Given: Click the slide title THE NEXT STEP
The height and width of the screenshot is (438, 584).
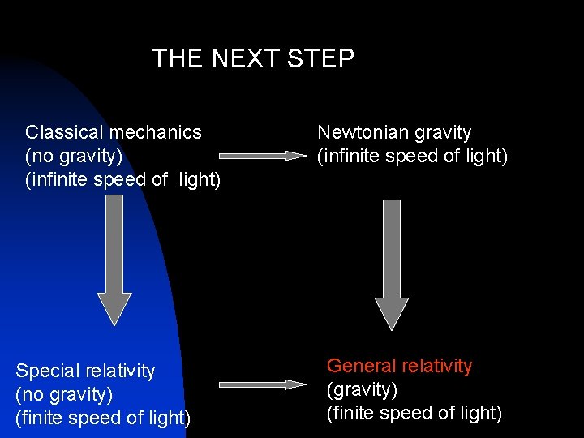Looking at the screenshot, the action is pos(252,59).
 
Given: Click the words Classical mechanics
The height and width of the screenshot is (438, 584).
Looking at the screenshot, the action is pos(114,132).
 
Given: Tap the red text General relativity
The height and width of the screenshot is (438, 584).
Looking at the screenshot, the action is pos(399,367).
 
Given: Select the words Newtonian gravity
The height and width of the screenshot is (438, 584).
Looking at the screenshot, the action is pos(394,132).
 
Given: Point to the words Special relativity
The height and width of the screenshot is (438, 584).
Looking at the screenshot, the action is pos(85,371).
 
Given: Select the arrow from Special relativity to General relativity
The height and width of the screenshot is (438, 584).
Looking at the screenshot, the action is pos(263,384).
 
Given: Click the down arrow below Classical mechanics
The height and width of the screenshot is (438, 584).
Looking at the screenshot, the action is pos(114,260).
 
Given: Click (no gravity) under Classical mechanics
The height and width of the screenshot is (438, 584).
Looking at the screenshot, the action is pos(74,155).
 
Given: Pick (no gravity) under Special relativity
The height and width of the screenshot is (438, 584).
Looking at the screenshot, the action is pos(64,395).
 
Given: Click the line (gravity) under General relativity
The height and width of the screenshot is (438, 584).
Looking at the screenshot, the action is pos(362,390).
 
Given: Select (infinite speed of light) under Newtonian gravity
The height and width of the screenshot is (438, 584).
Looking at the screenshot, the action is pos(413,156).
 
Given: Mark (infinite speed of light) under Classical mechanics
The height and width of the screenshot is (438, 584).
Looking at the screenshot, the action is pos(123,178).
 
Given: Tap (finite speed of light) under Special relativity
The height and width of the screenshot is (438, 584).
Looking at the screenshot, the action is pos(103,419).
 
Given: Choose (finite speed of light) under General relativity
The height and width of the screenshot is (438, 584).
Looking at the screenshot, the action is pos(414,414).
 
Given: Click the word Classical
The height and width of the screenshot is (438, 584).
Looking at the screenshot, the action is pos(65,132).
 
